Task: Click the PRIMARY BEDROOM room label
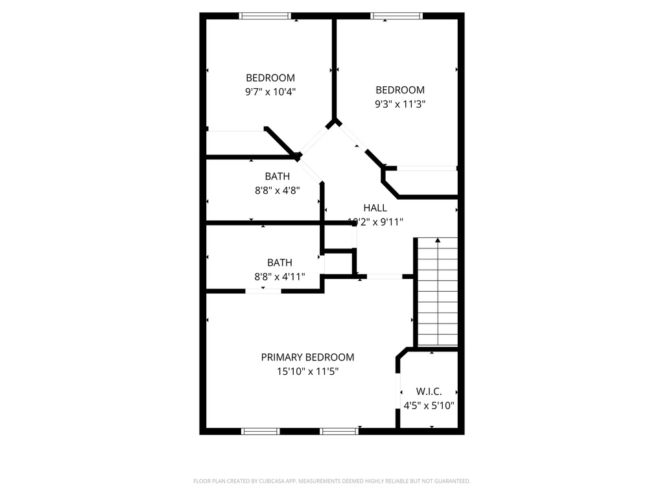click(307, 357)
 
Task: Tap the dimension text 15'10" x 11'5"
click(307, 372)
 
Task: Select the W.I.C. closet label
click(429, 392)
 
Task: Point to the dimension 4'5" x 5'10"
click(429, 406)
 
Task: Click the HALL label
click(375, 208)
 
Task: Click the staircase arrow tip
click(438, 240)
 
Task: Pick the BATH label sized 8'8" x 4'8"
click(277, 176)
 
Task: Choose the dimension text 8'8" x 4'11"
click(279, 277)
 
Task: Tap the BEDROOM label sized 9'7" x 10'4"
click(270, 78)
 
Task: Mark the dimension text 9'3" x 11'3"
click(400, 104)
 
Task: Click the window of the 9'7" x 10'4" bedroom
click(265, 16)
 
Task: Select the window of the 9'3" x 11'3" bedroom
click(396, 16)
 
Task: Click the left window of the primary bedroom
click(261, 431)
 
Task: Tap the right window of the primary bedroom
click(339, 431)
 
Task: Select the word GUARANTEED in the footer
click(451, 481)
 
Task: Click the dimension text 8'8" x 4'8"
click(277, 191)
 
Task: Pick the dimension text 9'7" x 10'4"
click(270, 92)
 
